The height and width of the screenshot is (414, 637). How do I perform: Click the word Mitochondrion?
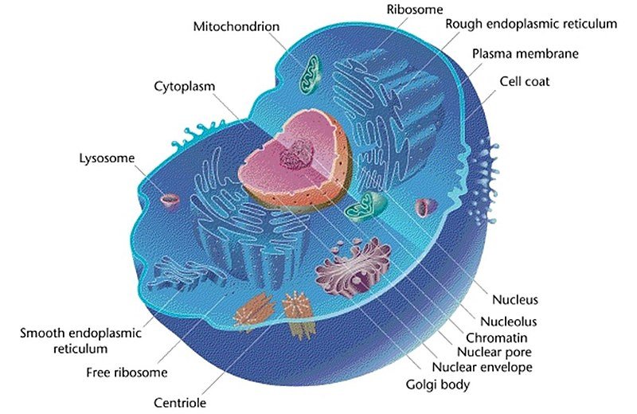coord(236,27)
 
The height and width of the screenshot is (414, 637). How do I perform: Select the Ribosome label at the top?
coord(414,10)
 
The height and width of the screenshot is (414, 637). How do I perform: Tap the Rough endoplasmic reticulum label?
coord(531,24)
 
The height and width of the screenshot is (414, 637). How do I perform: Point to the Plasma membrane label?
coord(526,53)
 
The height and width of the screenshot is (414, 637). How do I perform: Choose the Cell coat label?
coord(524,82)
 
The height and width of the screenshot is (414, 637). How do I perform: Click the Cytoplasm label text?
coord(185,87)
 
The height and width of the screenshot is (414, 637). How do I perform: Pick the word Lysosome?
coord(107,158)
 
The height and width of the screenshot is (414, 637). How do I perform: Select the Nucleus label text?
coord(515,300)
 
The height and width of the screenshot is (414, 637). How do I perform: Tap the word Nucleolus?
coord(509,322)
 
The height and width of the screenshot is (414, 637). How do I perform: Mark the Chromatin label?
coord(496,338)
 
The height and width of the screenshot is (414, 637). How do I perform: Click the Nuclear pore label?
coord(494,352)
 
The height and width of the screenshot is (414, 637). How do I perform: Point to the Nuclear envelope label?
coord(483,367)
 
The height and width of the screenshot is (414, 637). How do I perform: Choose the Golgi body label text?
coord(438,385)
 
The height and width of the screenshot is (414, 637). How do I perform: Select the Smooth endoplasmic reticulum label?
coord(80,341)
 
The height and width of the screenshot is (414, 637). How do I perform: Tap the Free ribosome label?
coord(127,373)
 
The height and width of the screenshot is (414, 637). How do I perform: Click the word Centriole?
coord(180,403)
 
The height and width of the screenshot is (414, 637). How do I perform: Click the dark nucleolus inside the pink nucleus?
coord(296,155)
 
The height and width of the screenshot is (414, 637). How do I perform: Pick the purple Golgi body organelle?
coord(354,266)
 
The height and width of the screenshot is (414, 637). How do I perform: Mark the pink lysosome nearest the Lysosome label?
coord(170,201)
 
